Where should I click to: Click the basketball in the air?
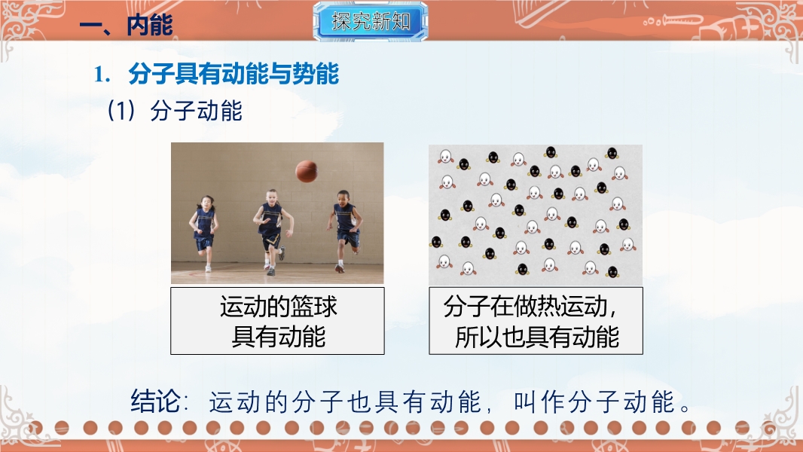(x=307, y=172)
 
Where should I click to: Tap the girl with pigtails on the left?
(x=204, y=233)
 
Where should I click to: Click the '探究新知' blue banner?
(x=371, y=21)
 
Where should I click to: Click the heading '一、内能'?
(x=126, y=25)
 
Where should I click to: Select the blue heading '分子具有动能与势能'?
(x=234, y=75)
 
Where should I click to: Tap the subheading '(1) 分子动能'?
(x=174, y=111)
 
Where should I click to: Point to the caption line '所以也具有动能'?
(x=536, y=337)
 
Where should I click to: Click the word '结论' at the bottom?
(x=155, y=401)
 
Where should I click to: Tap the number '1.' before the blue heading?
(x=102, y=75)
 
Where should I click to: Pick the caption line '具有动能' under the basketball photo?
(x=278, y=337)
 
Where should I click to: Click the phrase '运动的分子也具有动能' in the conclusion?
(x=345, y=402)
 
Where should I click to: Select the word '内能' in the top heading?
(x=150, y=25)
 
